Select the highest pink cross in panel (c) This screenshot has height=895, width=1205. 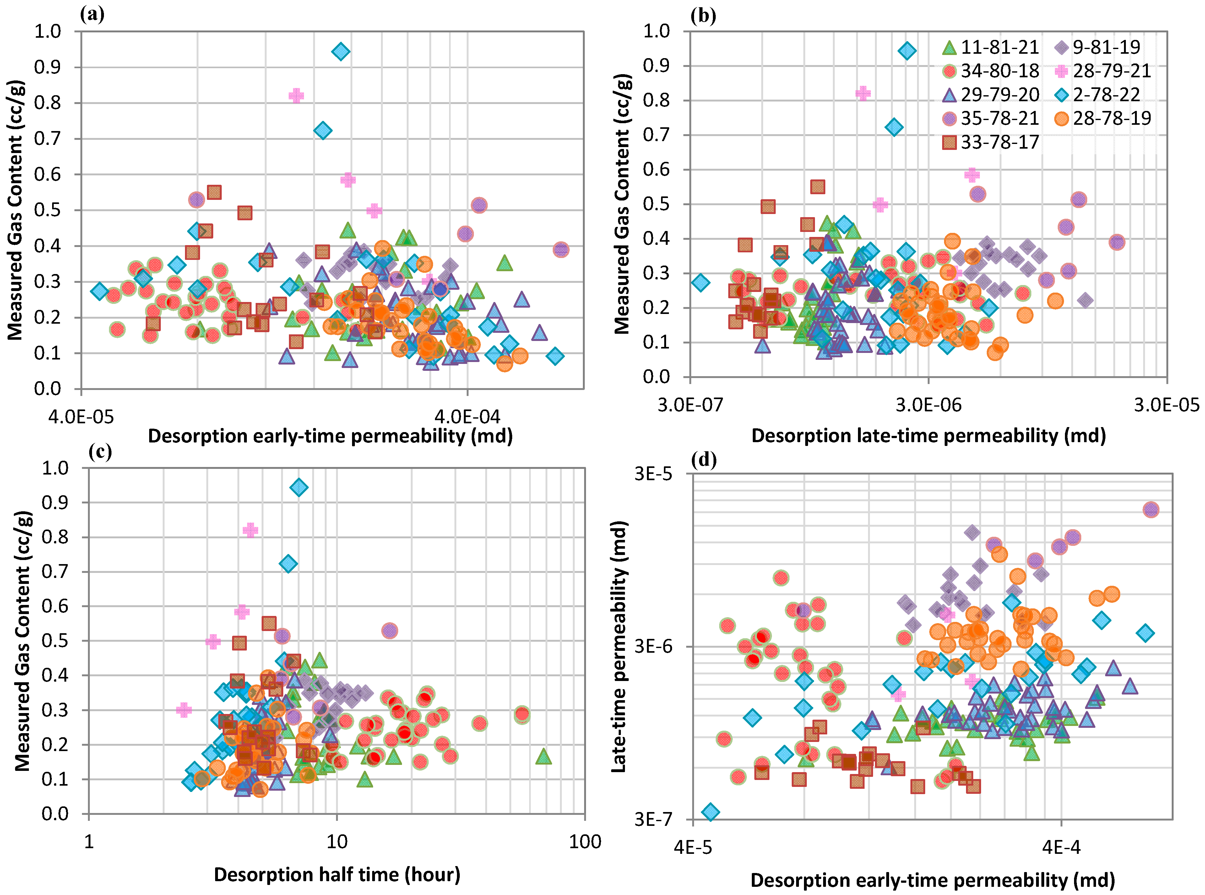coord(250,530)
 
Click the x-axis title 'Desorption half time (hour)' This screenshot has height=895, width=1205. coord(337,874)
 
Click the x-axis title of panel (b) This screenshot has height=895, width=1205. coord(928,436)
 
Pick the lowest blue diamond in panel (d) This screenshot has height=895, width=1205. coord(710,812)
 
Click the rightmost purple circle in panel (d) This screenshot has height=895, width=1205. coord(1151,509)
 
